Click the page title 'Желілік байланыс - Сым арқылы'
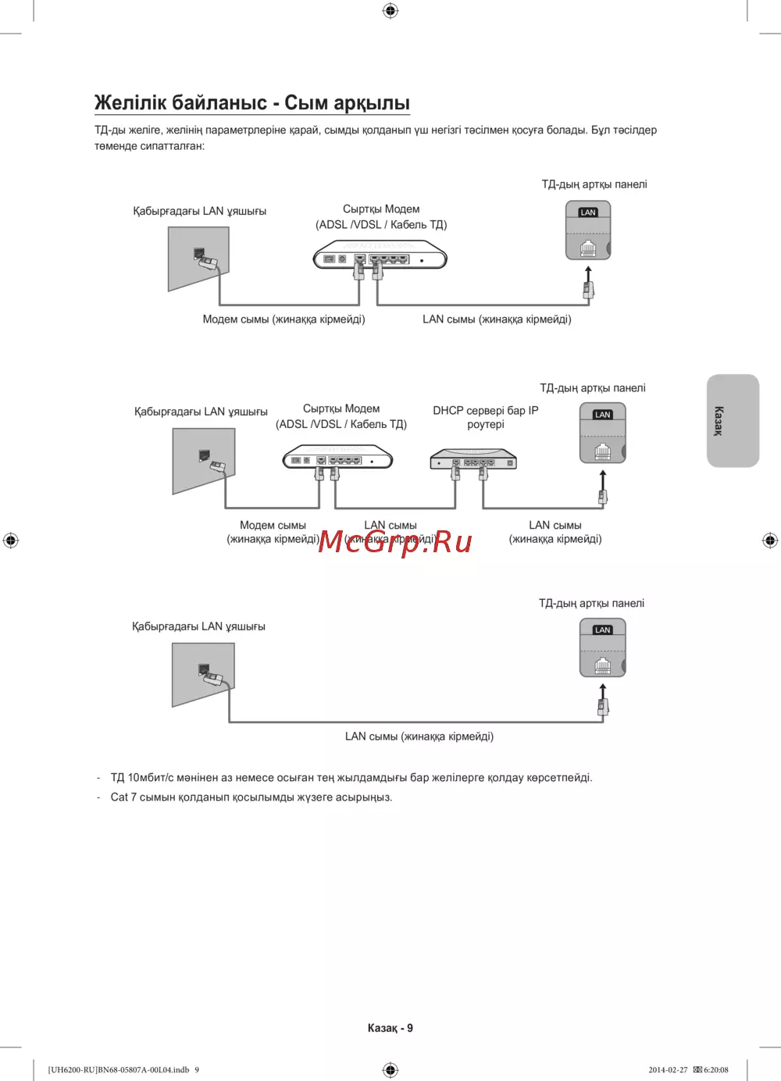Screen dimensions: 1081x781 coord(251,103)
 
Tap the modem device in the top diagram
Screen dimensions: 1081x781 coord(380,256)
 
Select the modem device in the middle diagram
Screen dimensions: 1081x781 coord(338,458)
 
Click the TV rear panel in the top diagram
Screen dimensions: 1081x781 coord(587,230)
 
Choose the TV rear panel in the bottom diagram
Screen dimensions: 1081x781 coord(602,648)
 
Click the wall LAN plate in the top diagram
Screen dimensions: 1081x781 coord(199,258)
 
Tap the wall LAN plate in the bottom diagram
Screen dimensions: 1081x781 coord(203,673)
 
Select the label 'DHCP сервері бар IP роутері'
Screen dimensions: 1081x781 coord(485,417)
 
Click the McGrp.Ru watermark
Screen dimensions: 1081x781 coord(395,541)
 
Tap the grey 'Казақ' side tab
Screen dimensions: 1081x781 coord(733,420)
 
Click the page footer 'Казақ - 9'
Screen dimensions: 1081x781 coord(390,1028)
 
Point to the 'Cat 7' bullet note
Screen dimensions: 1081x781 coord(251,797)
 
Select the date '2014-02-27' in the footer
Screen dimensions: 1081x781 coord(668,1070)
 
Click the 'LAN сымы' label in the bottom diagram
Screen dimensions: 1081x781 coord(419,737)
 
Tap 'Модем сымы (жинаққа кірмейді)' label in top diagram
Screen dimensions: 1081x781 coord(284,319)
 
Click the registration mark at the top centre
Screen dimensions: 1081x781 coord(390,10)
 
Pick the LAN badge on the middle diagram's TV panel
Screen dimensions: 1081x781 coord(602,415)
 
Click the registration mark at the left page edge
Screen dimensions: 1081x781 coord(10,540)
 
